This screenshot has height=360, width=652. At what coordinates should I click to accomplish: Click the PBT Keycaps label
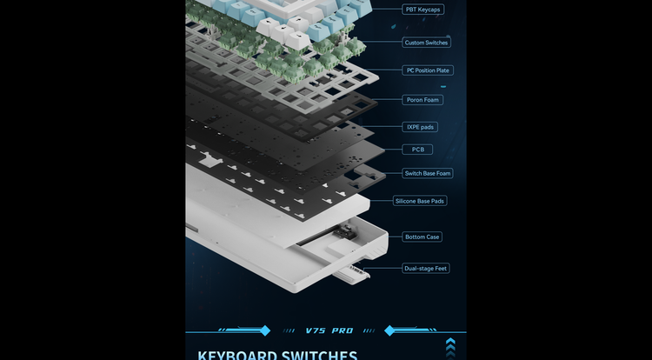(x=423, y=10)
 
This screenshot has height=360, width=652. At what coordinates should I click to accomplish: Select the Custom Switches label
(x=427, y=43)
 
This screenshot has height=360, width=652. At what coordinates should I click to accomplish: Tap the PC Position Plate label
(x=429, y=70)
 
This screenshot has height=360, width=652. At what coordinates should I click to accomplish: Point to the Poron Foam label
(x=423, y=100)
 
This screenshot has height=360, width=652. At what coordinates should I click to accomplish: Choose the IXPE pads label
(x=421, y=127)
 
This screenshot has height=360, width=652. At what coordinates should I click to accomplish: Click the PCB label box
(x=418, y=150)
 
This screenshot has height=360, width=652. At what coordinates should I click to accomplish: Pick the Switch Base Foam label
(x=428, y=173)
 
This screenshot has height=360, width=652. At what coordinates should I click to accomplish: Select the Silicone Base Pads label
(x=420, y=201)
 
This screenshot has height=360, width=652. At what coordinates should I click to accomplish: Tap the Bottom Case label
(x=422, y=237)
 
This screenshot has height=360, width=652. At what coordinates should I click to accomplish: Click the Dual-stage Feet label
(x=426, y=269)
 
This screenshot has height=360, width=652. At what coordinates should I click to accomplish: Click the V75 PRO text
(x=329, y=331)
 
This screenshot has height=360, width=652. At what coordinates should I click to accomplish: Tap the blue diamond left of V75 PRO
(x=265, y=330)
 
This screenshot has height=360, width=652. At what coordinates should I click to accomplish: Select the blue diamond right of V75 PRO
(x=390, y=330)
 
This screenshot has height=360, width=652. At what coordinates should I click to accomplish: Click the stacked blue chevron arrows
(x=450, y=346)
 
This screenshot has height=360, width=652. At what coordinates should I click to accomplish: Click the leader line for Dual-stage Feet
(x=385, y=269)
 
